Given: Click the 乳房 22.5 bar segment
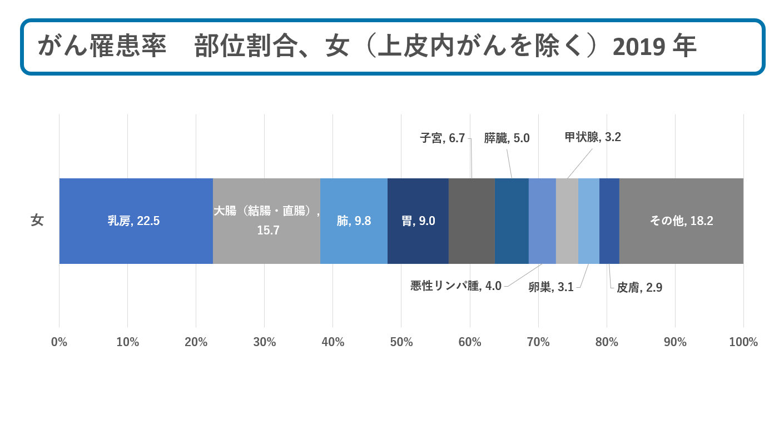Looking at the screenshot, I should [x=136, y=221].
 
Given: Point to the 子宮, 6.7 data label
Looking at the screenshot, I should [x=442, y=138].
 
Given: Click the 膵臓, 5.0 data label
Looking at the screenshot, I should [x=507, y=138].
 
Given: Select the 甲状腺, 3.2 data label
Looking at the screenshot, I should [x=593, y=137].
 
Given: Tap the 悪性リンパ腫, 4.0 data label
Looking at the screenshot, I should [x=456, y=286].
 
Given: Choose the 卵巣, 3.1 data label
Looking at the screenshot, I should [x=551, y=287].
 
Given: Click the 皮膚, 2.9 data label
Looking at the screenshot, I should [x=639, y=288].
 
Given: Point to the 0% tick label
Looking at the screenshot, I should [x=59, y=342].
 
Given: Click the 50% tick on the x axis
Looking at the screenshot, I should [x=401, y=342].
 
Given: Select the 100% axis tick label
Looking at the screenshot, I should [x=743, y=342].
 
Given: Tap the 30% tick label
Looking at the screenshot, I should [x=264, y=342].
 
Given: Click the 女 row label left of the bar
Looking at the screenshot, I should [x=37, y=221].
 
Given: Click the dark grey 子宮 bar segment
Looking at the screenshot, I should [x=472, y=221].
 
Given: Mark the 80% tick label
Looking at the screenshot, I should [x=607, y=342].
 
